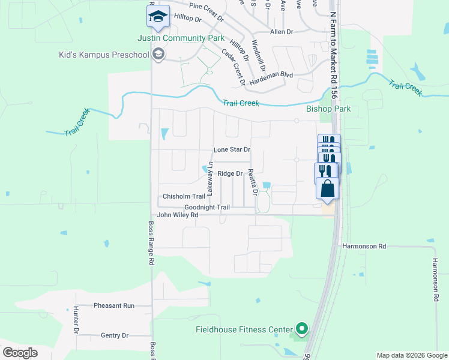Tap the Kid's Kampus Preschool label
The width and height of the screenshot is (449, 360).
click(x=103, y=55)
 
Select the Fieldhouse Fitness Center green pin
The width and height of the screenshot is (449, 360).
click(x=302, y=329)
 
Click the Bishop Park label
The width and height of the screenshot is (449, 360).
click(x=328, y=109)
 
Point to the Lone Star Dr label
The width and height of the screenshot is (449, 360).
click(x=232, y=149)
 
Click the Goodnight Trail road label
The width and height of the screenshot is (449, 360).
click(x=207, y=208)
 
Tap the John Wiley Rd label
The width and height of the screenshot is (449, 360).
click(x=178, y=215)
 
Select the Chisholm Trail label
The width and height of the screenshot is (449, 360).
click(x=184, y=196)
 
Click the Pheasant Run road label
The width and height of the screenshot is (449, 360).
click(x=114, y=305)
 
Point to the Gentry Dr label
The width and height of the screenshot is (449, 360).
click(x=115, y=335)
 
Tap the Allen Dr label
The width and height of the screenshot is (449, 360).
click(x=282, y=31)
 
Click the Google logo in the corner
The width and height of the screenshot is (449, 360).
click(x=20, y=353)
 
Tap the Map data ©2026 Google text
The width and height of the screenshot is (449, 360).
click(x=412, y=355)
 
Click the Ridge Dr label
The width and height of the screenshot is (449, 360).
click(x=230, y=174)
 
